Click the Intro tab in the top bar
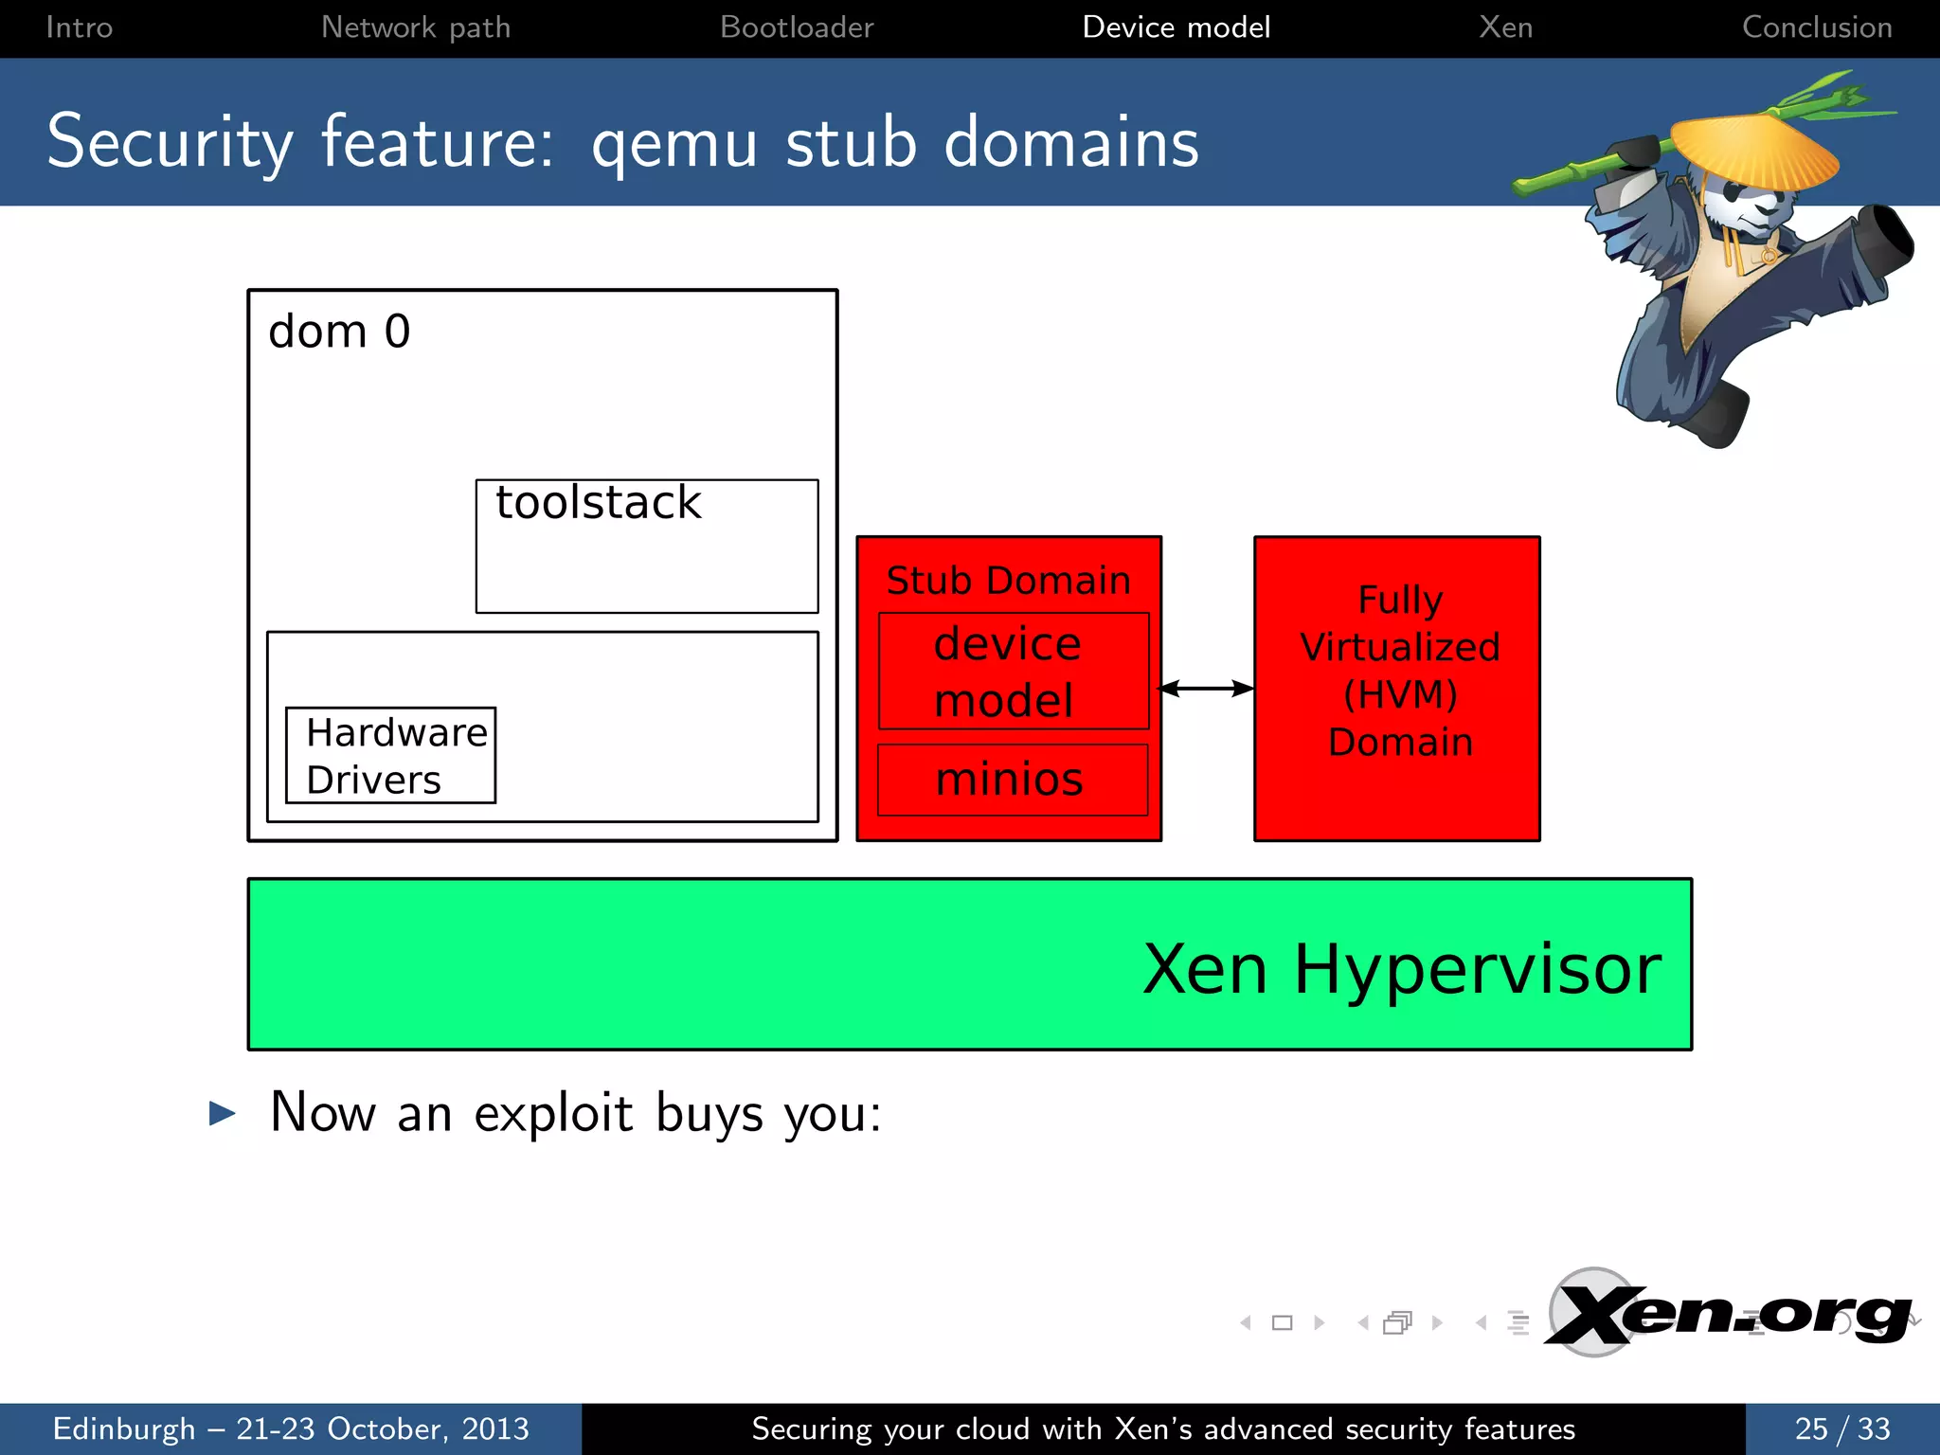click(80, 27)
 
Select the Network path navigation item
click(416, 27)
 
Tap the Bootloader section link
click(797, 27)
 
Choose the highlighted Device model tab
click(1176, 27)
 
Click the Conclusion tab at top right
click(1816, 27)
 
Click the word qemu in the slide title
click(674, 144)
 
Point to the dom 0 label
click(339, 332)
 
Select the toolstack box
click(646, 546)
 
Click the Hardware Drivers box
click(390, 756)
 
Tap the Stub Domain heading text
click(1008, 580)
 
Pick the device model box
click(1013, 672)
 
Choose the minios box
click(1011, 780)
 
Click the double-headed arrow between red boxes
click(1207, 689)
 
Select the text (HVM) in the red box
click(1400, 694)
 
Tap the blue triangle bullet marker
click(222, 1113)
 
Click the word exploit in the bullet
click(552, 1113)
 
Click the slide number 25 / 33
click(1841, 1428)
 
